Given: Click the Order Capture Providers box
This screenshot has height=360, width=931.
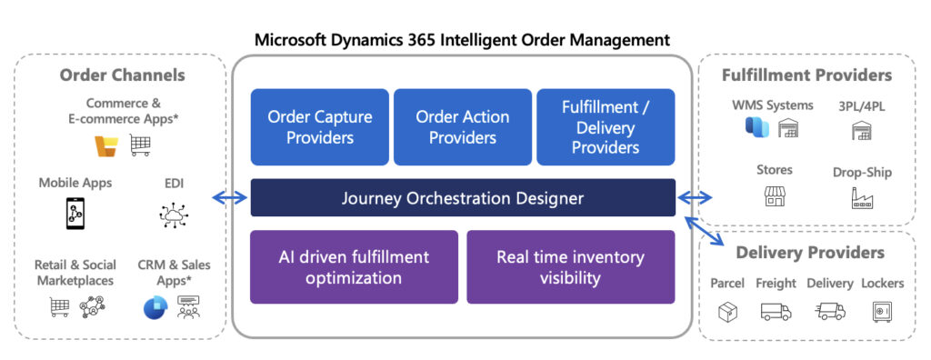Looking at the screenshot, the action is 319,127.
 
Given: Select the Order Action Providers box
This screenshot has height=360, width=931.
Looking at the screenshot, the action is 463,127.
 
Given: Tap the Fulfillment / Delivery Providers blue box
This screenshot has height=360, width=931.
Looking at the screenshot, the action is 606,127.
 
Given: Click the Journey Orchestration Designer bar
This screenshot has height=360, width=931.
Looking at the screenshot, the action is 463,198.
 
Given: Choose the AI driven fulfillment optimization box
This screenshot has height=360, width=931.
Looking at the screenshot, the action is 354,267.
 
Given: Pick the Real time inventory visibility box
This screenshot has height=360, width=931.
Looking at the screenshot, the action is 571,267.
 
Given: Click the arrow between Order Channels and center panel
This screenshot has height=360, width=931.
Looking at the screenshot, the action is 229,198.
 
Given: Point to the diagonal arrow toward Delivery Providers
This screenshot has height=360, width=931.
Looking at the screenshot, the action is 705,231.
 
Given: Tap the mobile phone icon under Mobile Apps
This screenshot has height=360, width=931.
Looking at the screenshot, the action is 75,214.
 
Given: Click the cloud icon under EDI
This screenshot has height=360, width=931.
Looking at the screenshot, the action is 174,215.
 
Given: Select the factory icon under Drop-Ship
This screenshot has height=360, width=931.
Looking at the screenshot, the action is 862,198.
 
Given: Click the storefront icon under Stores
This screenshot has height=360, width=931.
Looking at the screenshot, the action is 775,196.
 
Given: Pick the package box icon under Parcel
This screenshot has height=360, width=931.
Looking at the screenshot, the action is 728,311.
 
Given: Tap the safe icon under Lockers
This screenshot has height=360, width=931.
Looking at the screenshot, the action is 882,311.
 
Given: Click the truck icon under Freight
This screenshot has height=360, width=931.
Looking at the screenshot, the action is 776,311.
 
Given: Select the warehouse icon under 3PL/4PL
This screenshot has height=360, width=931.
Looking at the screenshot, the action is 862,130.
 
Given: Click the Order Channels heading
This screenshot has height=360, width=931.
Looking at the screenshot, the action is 123,75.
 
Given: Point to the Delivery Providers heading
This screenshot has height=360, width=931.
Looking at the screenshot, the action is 810,253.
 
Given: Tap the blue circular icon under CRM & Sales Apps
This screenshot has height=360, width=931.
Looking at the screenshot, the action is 155,307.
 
